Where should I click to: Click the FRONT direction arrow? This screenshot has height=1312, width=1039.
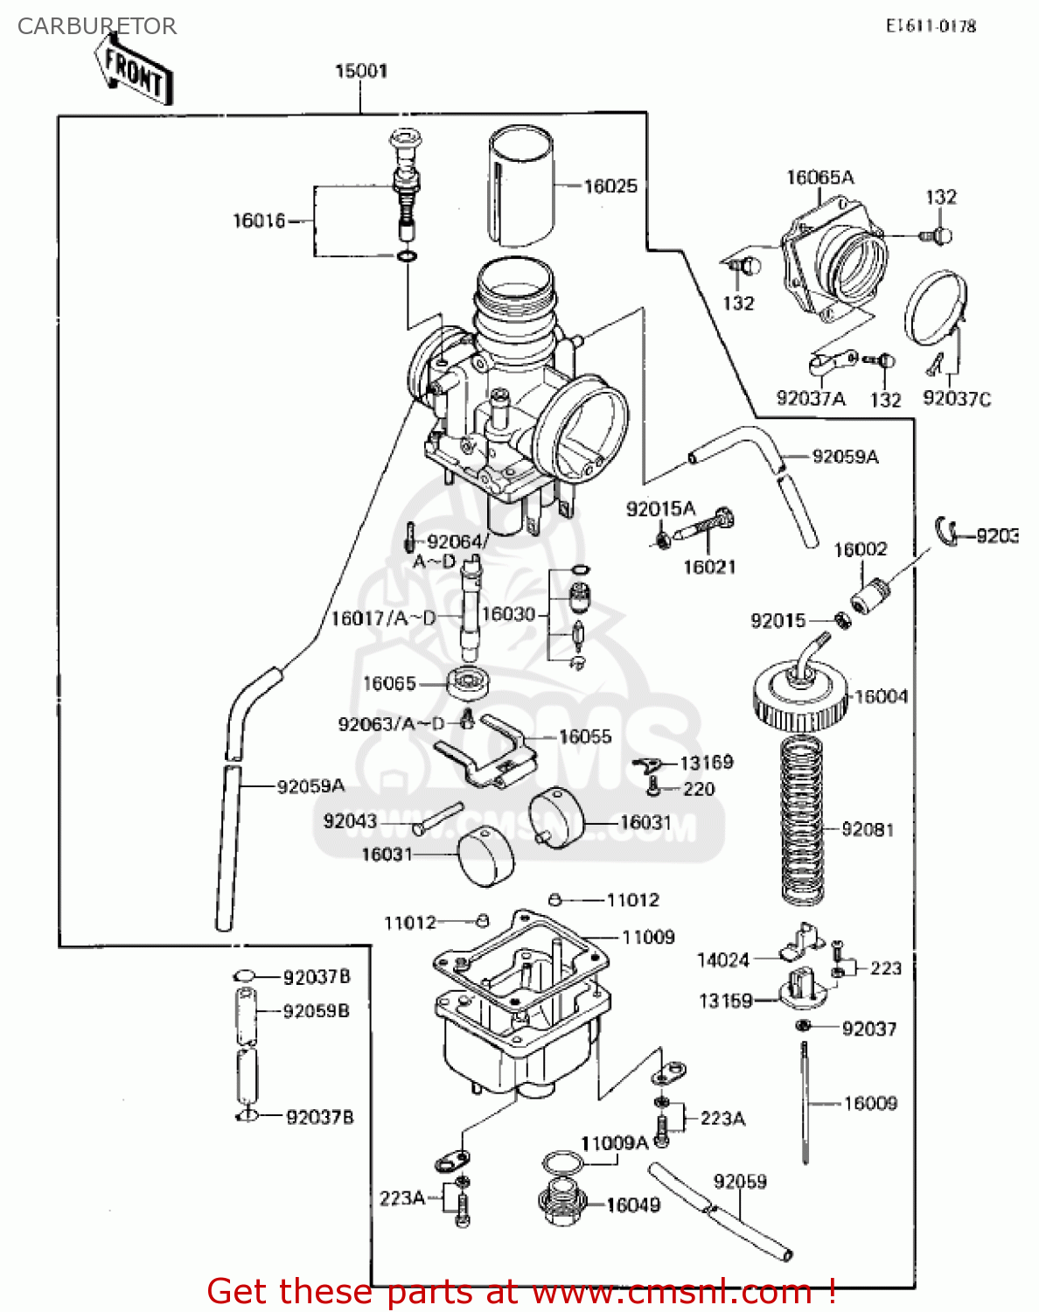click(x=132, y=71)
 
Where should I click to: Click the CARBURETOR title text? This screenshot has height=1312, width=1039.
click(x=96, y=26)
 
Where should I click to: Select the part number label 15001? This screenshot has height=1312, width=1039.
click(x=360, y=71)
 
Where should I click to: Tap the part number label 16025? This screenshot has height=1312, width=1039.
click(x=610, y=186)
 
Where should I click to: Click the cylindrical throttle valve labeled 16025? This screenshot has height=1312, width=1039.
click(x=521, y=185)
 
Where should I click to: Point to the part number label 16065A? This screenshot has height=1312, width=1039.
click(x=819, y=178)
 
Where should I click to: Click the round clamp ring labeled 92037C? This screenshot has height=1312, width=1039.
click(x=935, y=308)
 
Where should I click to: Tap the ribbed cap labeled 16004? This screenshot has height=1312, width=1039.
click(x=800, y=697)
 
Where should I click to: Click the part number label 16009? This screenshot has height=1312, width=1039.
click(x=869, y=1104)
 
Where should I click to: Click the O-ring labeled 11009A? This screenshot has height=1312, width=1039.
click(x=562, y=1164)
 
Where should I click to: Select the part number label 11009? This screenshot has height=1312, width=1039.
click(x=648, y=938)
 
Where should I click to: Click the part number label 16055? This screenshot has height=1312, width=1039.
click(x=585, y=737)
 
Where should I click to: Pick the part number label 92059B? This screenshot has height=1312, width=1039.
click(x=316, y=1011)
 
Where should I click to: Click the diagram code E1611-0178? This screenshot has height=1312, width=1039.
click(x=931, y=26)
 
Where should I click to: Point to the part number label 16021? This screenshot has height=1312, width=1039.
click(x=708, y=568)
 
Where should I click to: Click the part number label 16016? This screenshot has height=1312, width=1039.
click(x=259, y=221)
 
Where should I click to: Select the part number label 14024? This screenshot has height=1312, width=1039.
click(x=722, y=960)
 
